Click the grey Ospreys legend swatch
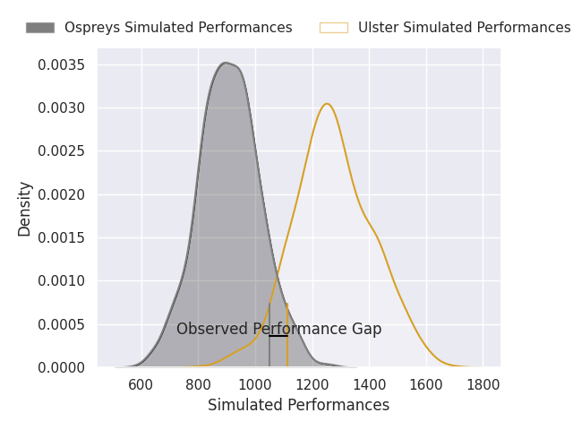click(x=39, y=28)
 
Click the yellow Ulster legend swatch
click(x=333, y=28)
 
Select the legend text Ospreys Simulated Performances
click(x=178, y=28)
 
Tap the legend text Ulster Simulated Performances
click(x=464, y=28)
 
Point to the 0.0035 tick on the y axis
click(x=61, y=65)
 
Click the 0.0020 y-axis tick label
click(x=61, y=194)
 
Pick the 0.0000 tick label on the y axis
click(x=61, y=367)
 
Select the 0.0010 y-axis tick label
click(x=61, y=281)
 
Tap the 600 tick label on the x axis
click(x=141, y=384)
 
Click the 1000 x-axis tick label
click(x=255, y=384)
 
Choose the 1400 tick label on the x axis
click(x=369, y=384)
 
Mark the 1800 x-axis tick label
click(x=483, y=384)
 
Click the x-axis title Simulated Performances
click(x=298, y=406)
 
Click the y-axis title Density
click(x=25, y=208)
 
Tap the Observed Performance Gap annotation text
click(x=278, y=329)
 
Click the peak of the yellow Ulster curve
click(x=327, y=104)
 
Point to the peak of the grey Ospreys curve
click(x=226, y=63)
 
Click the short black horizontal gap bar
click(x=278, y=336)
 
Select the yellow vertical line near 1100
click(x=287, y=349)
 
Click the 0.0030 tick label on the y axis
click(x=61, y=108)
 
